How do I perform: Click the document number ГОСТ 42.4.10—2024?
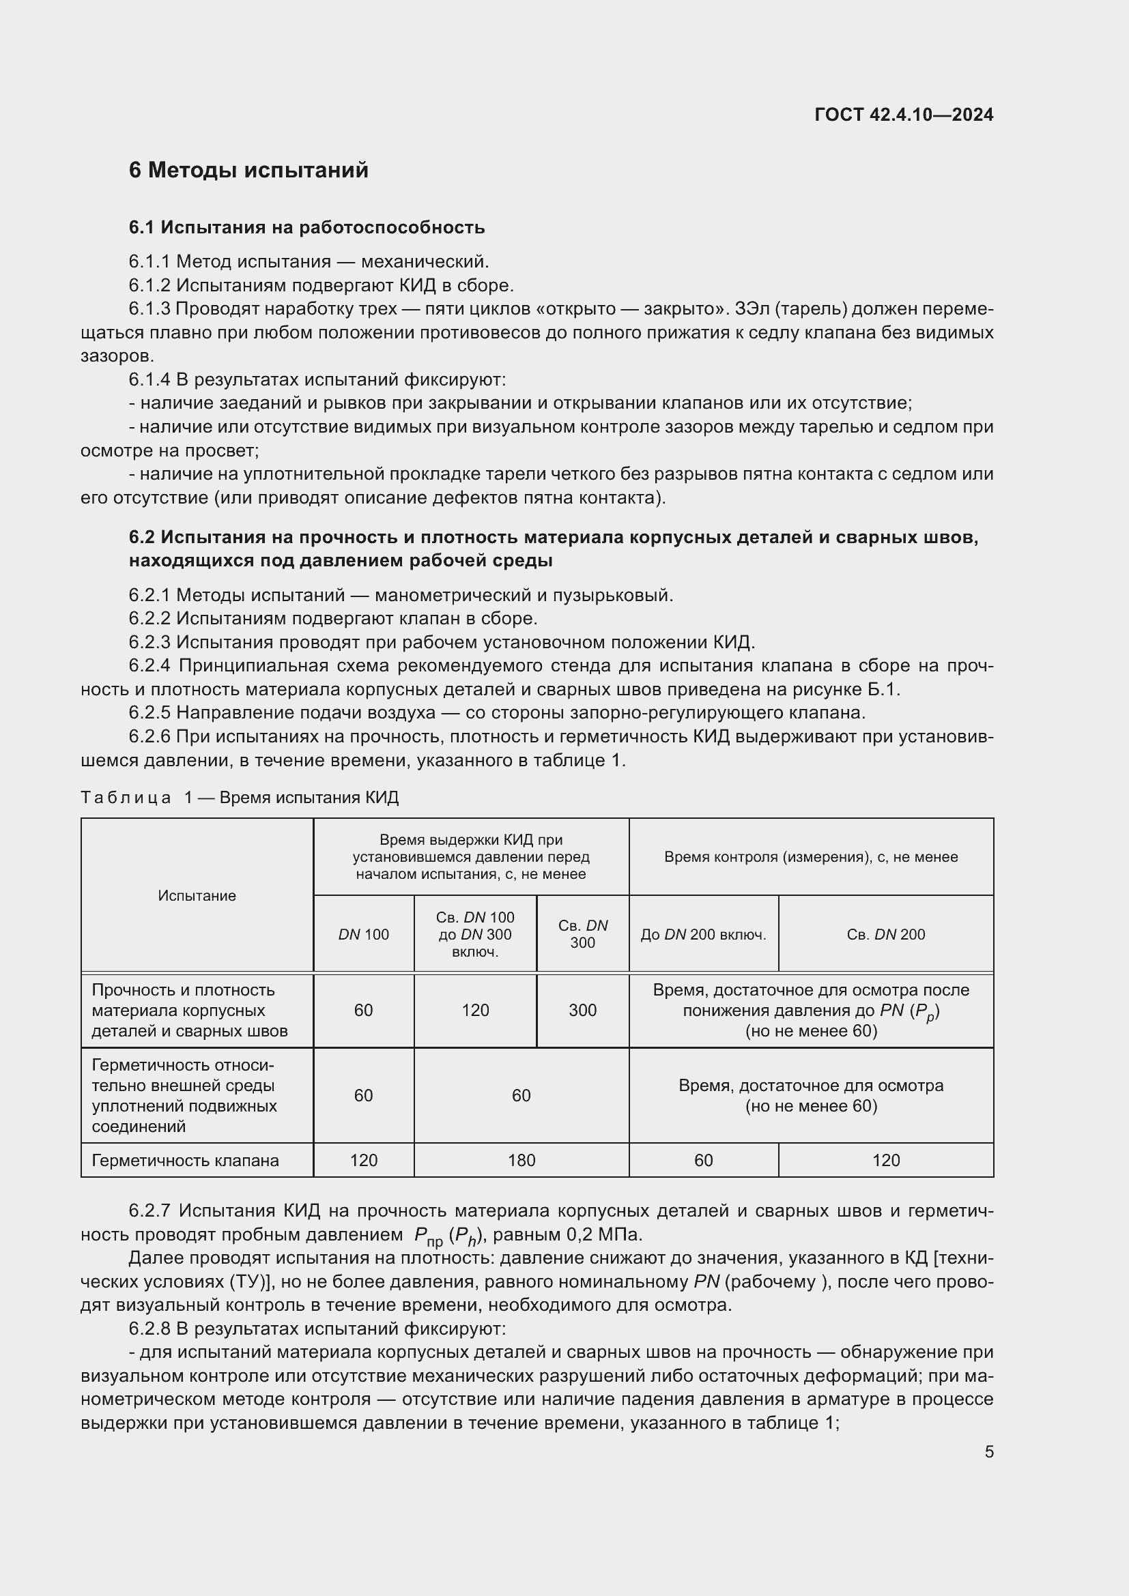point(904,115)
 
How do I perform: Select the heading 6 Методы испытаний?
point(248,171)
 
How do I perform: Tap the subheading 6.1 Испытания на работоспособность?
point(306,227)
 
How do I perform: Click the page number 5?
point(988,1452)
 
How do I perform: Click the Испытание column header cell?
point(197,896)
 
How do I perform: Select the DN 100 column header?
point(364,935)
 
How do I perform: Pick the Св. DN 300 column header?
point(582,934)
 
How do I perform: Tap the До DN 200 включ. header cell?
point(703,935)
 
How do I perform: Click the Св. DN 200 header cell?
point(886,935)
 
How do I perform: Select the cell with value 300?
point(582,1011)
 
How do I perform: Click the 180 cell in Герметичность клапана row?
point(521,1160)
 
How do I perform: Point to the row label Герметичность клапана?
point(186,1160)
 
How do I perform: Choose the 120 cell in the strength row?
point(476,1011)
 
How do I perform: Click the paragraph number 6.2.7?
point(149,1211)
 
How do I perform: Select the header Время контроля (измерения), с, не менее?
point(811,857)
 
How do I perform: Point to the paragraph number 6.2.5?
point(149,713)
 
